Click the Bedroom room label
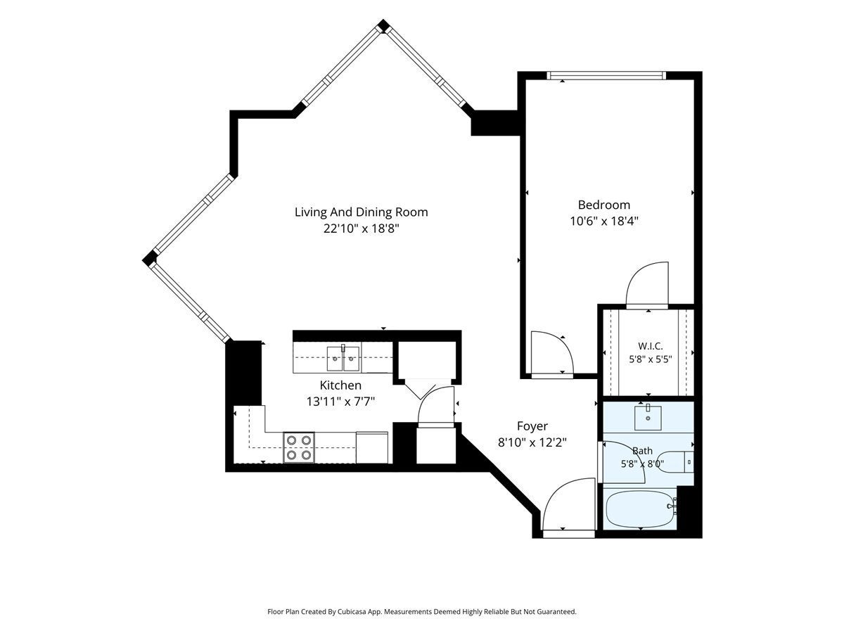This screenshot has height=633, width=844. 603,205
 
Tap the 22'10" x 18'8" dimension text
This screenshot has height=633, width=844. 361,229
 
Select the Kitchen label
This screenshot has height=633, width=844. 340,385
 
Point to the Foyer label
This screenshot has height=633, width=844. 532,426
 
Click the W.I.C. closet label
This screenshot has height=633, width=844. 650,346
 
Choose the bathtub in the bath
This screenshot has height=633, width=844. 640,508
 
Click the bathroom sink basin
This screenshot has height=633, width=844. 648,417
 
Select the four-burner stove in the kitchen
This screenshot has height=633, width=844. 299,448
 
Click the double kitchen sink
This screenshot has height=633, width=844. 343,358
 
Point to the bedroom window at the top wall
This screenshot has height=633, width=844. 606,76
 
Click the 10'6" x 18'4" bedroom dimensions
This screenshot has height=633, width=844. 603,222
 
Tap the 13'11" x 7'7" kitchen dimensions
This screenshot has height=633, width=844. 340,402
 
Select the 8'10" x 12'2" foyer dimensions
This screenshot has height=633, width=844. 532,443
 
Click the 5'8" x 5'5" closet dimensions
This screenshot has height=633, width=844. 650,359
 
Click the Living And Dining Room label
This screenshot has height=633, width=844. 361,212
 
